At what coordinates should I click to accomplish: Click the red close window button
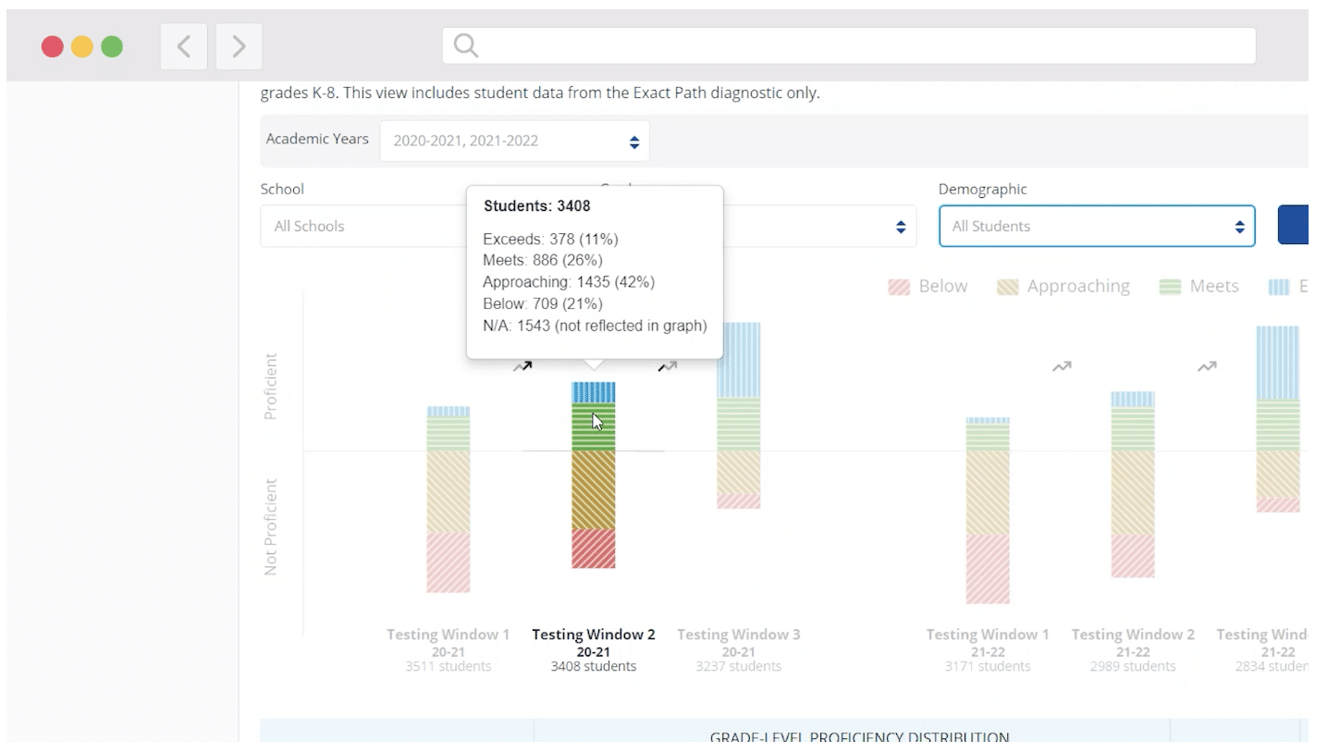(x=53, y=46)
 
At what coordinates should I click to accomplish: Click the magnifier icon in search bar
(x=466, y=45)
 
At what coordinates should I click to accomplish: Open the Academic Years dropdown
(x=514, y=142)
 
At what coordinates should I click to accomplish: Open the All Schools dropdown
(x=361, y=226)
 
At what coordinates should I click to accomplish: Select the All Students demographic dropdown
(x=1096, y=227)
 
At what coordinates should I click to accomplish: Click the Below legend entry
(x=928, y=287)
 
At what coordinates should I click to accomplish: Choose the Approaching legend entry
(x=1063, y=287)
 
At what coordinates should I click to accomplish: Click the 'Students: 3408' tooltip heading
(x=537, y=206)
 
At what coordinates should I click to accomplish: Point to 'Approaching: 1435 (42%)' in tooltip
(x=569, y=282)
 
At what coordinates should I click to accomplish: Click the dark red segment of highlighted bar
(x=593, y=549)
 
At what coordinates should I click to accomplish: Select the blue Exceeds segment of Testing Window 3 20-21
(x=738, y=361)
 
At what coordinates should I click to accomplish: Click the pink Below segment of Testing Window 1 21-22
(x=988, y=569)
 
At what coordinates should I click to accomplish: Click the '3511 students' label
(x=448, y=666)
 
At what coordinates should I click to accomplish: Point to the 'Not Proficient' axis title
(x=271, y=527)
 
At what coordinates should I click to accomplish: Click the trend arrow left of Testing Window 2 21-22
(x=1061, y=367)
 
